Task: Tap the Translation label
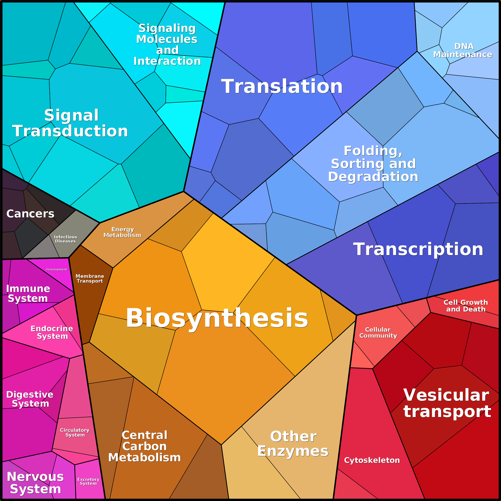(282, 86)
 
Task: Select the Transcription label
(418, 249)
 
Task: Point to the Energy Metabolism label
(122, 232)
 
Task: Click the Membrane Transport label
(90, 278)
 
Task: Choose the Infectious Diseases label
(65, 239)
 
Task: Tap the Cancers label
(30, 214)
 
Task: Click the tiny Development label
(56, 269)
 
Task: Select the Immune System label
(28, 293)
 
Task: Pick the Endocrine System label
(52, 332)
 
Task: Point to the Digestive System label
(30, 399)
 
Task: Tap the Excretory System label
(88, 481)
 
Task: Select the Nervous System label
(35, 483)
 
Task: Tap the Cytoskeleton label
(372, 460)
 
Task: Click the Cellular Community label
(378, 332)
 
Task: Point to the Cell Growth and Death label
(466, 306)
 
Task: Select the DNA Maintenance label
(463, 50)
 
